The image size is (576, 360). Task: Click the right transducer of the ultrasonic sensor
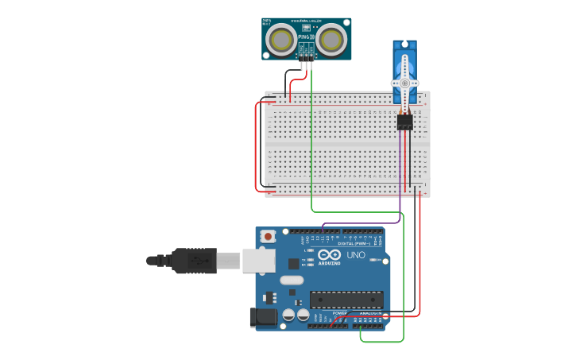(332, 40)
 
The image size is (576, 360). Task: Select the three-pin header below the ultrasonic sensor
(307, 56)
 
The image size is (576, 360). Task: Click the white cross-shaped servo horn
(404, 83)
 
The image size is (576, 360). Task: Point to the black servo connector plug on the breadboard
(404, 122)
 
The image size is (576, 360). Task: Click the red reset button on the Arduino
(269, 237)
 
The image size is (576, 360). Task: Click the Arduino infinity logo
(329, 255)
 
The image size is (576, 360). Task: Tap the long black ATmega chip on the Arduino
(346, 300)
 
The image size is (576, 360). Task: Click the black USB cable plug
(194, 261)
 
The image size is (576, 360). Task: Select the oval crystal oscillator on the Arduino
(292, 280)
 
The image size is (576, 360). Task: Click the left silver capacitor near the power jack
(289, 315)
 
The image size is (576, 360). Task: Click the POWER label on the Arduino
(339, 313)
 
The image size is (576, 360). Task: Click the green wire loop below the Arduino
(381, 342)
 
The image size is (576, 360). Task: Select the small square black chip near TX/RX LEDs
(293, 263)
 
